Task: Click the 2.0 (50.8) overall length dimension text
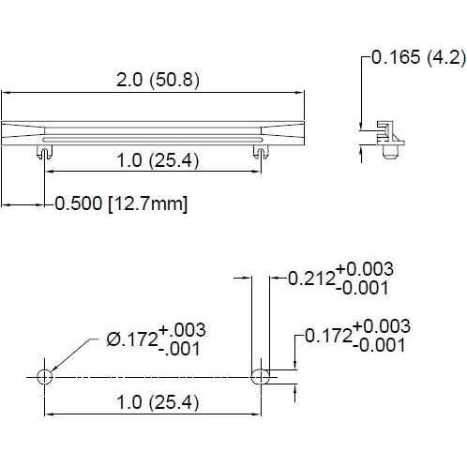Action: [157, 81]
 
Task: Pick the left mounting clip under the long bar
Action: [43, 150]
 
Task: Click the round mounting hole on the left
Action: [43, 376]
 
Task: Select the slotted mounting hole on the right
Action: [262, 376]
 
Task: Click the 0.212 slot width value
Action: [307, 279]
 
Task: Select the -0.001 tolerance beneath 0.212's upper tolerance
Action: [361, 288]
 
